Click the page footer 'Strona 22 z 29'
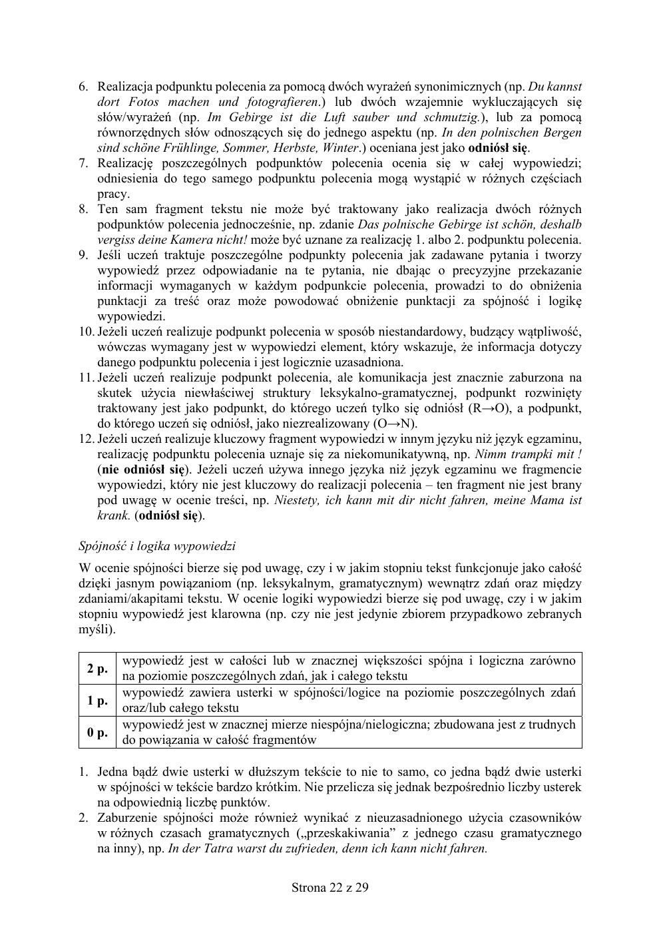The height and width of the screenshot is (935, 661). pyautogui.click(x=330, y=887)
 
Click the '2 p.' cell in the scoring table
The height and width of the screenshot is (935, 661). pyautogui.click(x=97, y=668)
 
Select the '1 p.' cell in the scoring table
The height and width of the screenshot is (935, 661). pyautogui.click(x=97, y=700)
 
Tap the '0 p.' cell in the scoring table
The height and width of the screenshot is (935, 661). pyautogui.click(x=97, y=733)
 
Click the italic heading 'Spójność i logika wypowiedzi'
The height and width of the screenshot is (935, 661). pyautogui.click(x=157, y=546)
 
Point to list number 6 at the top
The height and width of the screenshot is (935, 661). pyautogui.click(x=83, y=87)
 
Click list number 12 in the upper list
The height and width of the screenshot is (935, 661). pyautogui.click(x=87, y=439)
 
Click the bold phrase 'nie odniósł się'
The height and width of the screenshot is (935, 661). pyautogui.click(x=142, y=469)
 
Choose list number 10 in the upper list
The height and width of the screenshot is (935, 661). pyautogui.click(x=87, y=332)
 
